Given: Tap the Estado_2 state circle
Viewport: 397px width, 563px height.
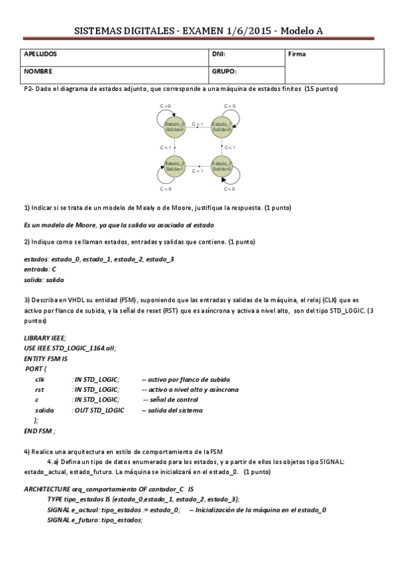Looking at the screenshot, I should coord(221,165).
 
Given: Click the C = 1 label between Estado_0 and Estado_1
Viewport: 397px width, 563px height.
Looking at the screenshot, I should coord(198,124).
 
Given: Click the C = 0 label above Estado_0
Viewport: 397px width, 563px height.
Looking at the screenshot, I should coord(166,106).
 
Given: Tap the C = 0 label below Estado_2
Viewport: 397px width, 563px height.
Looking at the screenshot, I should coord(229,189).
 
